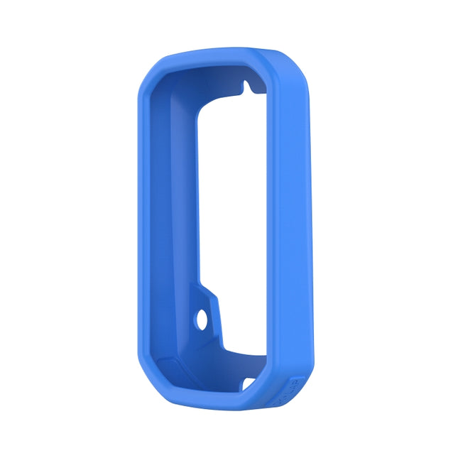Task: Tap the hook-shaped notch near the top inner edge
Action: (x=246, y=86)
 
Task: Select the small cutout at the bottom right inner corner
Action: (x=250, y=383)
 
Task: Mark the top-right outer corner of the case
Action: (x=298, y=67)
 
